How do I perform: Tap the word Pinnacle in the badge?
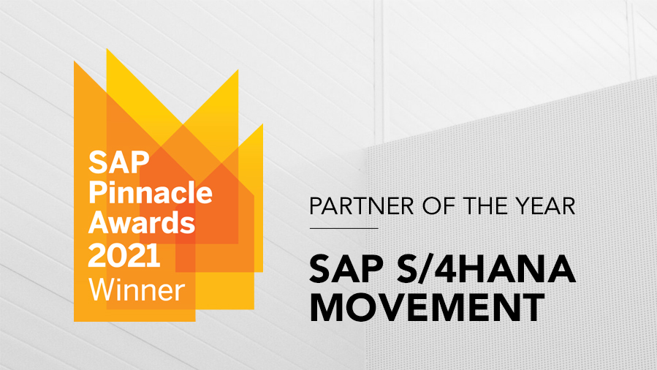pos(151,192)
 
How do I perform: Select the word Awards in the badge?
pos(142,222)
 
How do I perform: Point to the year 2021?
pos(124,254)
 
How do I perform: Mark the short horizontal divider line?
pos(343,228)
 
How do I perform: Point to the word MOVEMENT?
pos(426,307)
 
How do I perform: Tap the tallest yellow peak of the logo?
pos(110,58)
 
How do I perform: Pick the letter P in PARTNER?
pos(315,206)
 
